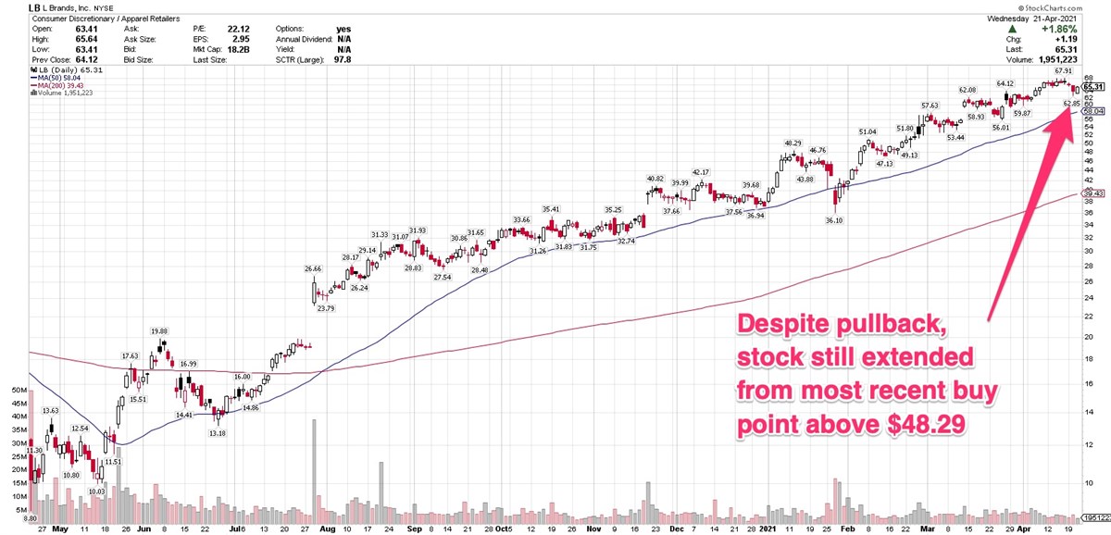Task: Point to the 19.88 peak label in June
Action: [159, 330]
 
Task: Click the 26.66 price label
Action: [312, 268]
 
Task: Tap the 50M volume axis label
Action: [18, 391]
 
